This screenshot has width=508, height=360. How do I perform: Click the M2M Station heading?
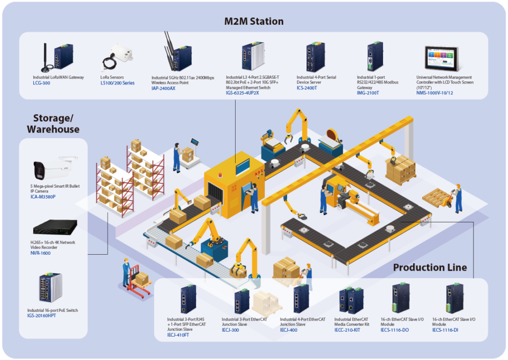(x=254, y=21)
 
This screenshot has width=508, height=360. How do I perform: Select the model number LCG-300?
(x=42, y=83)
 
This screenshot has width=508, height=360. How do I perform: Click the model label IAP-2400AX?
(x=164, y=88)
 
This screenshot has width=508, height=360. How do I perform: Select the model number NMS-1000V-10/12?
(x=435, y=93)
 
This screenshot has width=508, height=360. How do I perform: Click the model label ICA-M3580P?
(x=43, y=197)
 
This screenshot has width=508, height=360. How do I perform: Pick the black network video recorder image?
(x=55, y=229)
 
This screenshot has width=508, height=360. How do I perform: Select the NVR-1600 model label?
(x=40, y=253)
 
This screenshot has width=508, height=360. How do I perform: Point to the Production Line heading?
(x=430, y=268)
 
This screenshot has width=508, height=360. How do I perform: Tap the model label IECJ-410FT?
(x=178, y=335)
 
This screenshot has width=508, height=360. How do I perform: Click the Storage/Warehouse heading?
(x=53, y=124)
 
